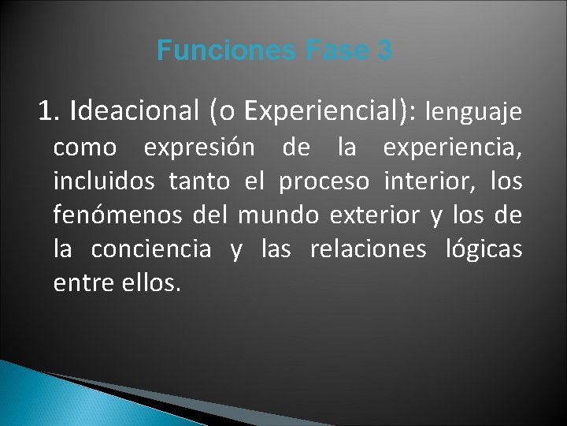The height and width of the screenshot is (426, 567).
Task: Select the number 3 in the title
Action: pos(384,51)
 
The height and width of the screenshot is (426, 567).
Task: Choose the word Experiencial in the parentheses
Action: pos(325,112)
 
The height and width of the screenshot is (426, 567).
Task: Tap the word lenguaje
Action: pos(472,113)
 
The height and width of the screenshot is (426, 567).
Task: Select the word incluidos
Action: pos(103,181)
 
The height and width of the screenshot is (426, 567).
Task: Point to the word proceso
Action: pos(324,183)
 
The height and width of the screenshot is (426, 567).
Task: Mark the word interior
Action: pos(426,181)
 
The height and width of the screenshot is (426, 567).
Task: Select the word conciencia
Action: pos(151,249)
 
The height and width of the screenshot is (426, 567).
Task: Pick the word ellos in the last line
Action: pos(151,283)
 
